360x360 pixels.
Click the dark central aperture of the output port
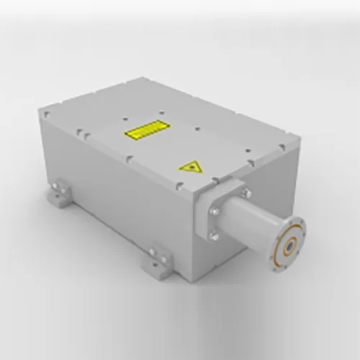[x=288, y=247]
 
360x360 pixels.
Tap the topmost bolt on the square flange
[x=245, y=192]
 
